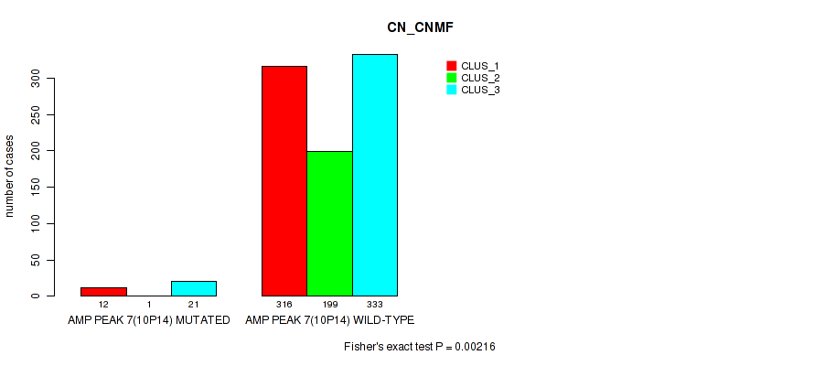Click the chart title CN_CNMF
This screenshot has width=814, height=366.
420,28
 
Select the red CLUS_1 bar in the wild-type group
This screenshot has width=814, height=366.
284,181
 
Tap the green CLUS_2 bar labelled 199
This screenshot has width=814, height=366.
329,224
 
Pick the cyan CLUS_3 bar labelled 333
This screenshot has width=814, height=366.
375,175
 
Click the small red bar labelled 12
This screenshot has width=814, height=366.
103,292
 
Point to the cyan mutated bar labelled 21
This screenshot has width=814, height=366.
194,288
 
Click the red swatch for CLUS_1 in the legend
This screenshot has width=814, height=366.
451,66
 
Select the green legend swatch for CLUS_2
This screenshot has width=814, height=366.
451,78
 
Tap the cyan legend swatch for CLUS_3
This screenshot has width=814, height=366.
451,90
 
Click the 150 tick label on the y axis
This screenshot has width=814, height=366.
36,188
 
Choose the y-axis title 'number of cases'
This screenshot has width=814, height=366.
9,176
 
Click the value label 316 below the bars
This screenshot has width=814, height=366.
284,305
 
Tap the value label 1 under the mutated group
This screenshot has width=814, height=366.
149,305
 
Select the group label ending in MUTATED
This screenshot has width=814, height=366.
148,320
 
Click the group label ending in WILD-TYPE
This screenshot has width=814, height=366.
329,320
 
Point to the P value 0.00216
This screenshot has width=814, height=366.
475,347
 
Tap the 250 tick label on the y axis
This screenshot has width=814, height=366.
36,114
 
